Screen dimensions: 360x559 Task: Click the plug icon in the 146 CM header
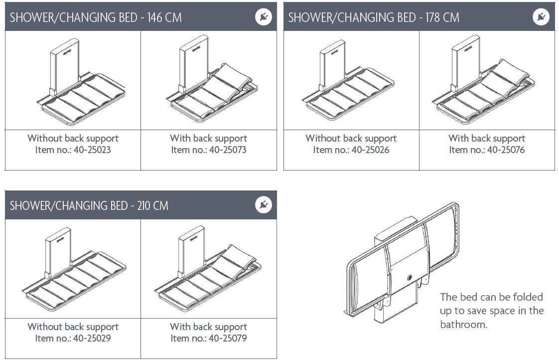click(264, 17)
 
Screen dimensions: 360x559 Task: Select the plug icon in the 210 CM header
click(264, 205)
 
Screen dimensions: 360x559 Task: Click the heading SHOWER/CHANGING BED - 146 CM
click(96, 17)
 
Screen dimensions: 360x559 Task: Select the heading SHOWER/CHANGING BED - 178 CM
click(374, 17)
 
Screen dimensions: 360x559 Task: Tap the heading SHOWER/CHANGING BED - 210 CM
click(89, 205)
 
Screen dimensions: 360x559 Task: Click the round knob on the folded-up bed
click(410, 278)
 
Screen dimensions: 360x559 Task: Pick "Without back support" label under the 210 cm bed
click(73, 327)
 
